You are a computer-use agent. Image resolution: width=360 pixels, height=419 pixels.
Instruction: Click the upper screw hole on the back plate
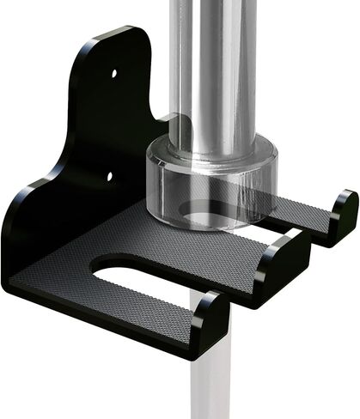[x=114, y=74]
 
